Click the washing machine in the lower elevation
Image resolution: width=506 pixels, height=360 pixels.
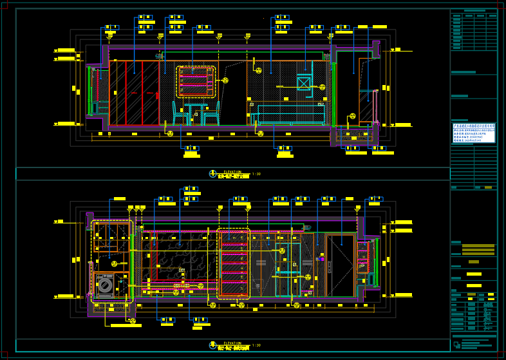coord(104,285)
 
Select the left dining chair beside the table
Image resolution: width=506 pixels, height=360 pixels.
coord(180,113)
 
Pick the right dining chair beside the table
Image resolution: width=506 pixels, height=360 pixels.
coord(212,113)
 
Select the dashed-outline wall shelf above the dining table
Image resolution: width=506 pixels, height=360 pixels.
coord(196,82)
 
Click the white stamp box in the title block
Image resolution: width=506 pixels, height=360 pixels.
coord(473,133)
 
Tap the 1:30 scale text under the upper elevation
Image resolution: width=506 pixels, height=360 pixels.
coord(256,174)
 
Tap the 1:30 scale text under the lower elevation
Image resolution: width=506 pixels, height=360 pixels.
coord(256,346)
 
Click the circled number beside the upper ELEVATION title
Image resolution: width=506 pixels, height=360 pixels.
coord(213,174)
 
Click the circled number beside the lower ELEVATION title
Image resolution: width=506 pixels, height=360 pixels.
coord(213,346)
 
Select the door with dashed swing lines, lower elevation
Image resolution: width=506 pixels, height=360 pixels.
coord(340,265)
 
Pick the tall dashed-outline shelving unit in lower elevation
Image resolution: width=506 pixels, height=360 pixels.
coord(233,263)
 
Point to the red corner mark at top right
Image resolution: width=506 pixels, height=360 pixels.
coord(500,6)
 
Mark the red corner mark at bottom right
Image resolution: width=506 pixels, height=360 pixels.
coord(500,354)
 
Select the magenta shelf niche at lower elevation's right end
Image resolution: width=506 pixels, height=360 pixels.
coord(364,258)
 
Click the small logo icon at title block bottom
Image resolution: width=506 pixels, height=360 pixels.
coord(456,345)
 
